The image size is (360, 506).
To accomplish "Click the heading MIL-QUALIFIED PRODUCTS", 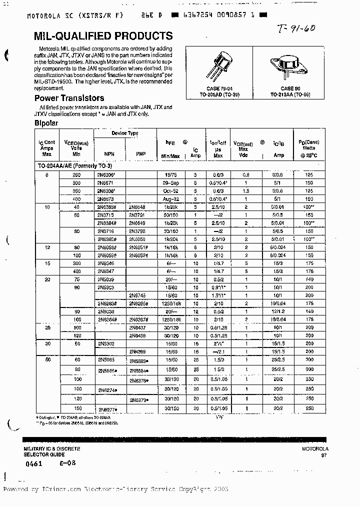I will tap(103, 36).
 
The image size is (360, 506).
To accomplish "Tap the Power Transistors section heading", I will tap(69, 98).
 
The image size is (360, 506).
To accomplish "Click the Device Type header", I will tap(125, 133).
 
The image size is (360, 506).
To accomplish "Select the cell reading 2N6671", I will tap(106, 183).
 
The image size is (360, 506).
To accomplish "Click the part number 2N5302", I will tap(106, 343).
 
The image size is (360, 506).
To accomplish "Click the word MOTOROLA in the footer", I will tap(315, 449).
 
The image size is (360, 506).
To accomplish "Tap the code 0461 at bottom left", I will tap(33, 463).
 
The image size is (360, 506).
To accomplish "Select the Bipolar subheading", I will tap(46, 123).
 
